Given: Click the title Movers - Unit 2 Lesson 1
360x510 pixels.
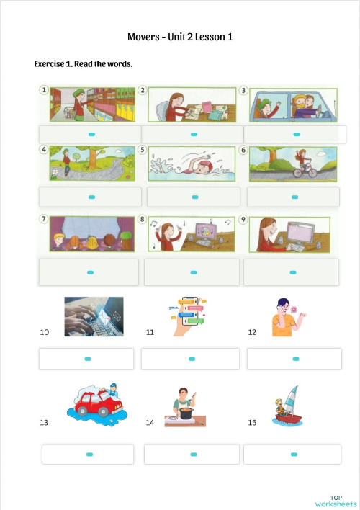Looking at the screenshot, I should pos(180,37).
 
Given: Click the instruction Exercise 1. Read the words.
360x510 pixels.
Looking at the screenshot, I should pos(83,64).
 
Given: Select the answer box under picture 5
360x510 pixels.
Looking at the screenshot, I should pos(193,197).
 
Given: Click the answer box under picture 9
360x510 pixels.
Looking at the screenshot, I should pos(291,272).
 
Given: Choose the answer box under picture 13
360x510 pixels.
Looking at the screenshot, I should pos(88,455).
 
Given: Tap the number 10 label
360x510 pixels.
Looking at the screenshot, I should pos(45,332).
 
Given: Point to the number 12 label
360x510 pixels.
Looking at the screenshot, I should pos(252,332).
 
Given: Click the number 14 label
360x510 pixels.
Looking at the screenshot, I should pos(150,422).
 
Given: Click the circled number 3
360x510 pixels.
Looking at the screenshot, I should pos(243,91).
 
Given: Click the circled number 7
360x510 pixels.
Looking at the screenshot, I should pos(43,219).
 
